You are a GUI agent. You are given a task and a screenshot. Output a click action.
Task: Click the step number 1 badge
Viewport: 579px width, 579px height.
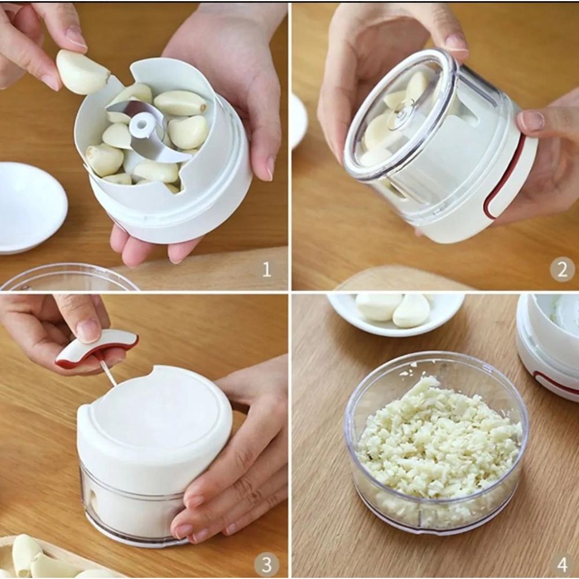tap(266, 269)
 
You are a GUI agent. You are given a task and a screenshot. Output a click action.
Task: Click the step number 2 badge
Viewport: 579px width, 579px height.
tap(561, 269)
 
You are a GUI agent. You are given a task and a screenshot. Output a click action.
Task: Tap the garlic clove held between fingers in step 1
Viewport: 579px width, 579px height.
tap(82, 72)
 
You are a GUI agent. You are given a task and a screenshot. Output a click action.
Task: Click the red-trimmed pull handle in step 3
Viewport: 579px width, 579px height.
tap(97, 347)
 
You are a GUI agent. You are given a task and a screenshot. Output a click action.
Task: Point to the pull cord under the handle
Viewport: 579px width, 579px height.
tap(108, 373)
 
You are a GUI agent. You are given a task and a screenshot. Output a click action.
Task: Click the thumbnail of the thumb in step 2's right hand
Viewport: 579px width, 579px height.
tap(532, 120)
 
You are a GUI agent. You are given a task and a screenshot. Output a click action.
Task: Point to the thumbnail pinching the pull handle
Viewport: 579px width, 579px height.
tap(88, 330)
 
